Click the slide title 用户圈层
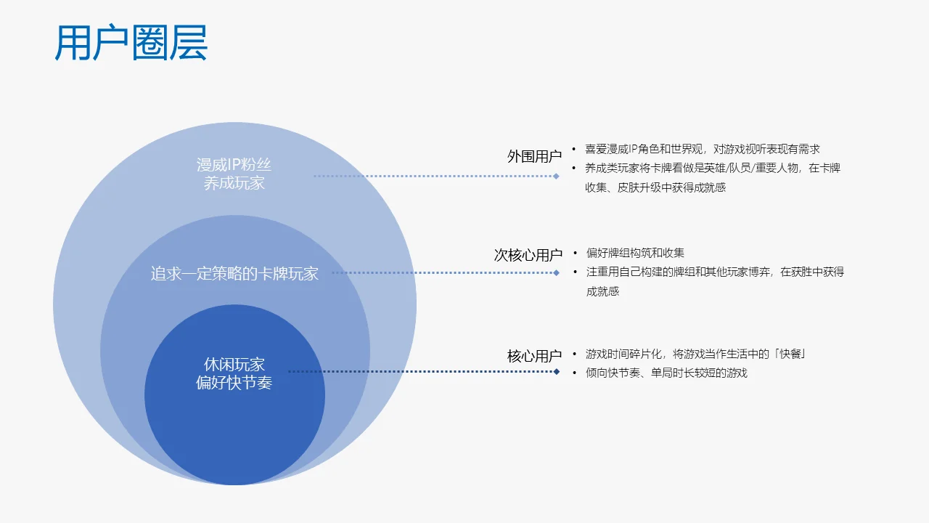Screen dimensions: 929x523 (x=131, y=43)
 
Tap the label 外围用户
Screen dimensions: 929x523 (x=534, y=156)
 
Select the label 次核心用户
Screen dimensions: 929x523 (x=528, y=255)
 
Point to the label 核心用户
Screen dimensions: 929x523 (x=534, y=356)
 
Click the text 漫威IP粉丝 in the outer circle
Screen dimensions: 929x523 (x=234, y=165)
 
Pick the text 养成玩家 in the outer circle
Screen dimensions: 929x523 (x=234, y=183)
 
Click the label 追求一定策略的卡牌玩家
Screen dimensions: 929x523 (x=234, y=274)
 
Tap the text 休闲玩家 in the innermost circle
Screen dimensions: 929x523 (x=234, y=365)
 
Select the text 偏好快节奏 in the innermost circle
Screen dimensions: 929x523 (x=234, y=383)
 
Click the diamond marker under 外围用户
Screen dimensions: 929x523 (x=556, y=176)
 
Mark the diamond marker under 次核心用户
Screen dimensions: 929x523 (x=556, y=272)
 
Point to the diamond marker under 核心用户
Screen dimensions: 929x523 (x=556, y=371)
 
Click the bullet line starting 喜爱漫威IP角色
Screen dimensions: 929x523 (x=702, y=149)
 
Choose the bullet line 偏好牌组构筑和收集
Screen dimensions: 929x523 (x=635, y=253)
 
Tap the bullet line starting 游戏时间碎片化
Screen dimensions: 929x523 (x=696, y=354)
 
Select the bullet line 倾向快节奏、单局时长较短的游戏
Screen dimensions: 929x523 (x=666, y=373)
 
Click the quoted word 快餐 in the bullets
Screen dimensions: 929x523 (x=790, y=354)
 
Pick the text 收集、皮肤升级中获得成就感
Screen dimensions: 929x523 (x=655, y=187)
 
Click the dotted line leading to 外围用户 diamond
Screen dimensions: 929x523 (x=433, y=176)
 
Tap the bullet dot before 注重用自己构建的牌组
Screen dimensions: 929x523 (x=576, y=272)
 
